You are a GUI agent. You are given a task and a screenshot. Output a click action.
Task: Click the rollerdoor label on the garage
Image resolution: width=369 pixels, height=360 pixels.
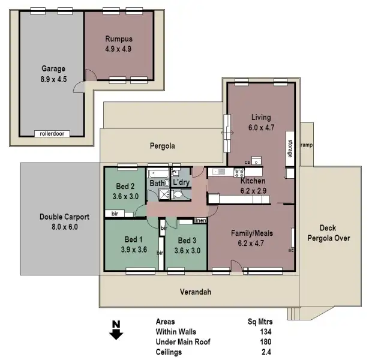[x=52, y=134]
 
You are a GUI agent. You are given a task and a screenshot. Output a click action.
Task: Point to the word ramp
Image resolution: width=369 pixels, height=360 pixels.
[x=306, y=145]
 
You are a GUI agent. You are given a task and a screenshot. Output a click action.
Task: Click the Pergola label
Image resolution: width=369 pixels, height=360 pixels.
[x=162, y=146]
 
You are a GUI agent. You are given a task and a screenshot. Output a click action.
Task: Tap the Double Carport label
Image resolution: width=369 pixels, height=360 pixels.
[x=64, y=217]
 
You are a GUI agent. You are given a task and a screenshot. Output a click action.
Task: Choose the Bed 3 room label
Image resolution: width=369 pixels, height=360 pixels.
[x=185, y=241]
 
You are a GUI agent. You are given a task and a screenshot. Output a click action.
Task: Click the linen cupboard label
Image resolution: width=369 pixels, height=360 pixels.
[x=200, y=221]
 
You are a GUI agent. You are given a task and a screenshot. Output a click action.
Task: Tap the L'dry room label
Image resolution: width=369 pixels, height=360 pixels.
[x=181, y=182]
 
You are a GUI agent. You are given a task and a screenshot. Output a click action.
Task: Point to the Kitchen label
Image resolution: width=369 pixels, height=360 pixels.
[x=253, y=181]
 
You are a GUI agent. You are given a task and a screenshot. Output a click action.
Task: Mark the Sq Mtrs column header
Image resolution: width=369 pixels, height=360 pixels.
[x=260, y=321]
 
